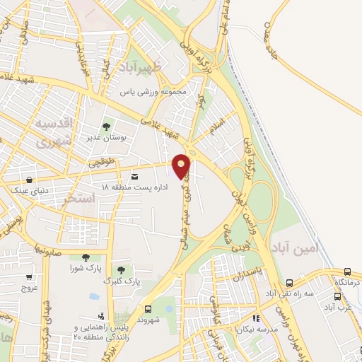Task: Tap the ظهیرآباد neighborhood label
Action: coord(141,67)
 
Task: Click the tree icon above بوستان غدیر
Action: coord(106,127)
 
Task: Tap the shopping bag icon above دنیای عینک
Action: coord(29,180)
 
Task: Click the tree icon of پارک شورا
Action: coord(86,258)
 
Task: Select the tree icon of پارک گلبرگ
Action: coord(120,269)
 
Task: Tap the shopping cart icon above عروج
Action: coord(29,277)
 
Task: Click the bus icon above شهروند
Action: coord(148,309)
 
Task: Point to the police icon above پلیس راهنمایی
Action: coord(102,316)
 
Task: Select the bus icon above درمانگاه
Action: coord(347,271)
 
